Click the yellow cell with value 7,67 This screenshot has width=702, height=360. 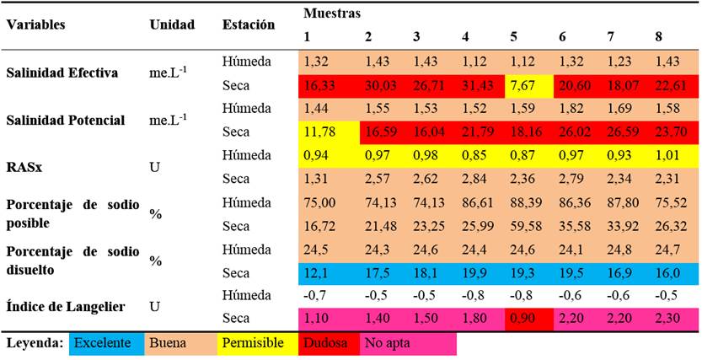528,86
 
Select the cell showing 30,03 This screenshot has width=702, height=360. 379,86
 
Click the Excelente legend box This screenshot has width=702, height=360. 101,345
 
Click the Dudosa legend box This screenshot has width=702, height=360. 328,345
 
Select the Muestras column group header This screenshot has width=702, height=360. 333,13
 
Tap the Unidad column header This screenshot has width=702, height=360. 172,24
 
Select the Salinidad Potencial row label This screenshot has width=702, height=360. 66,121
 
